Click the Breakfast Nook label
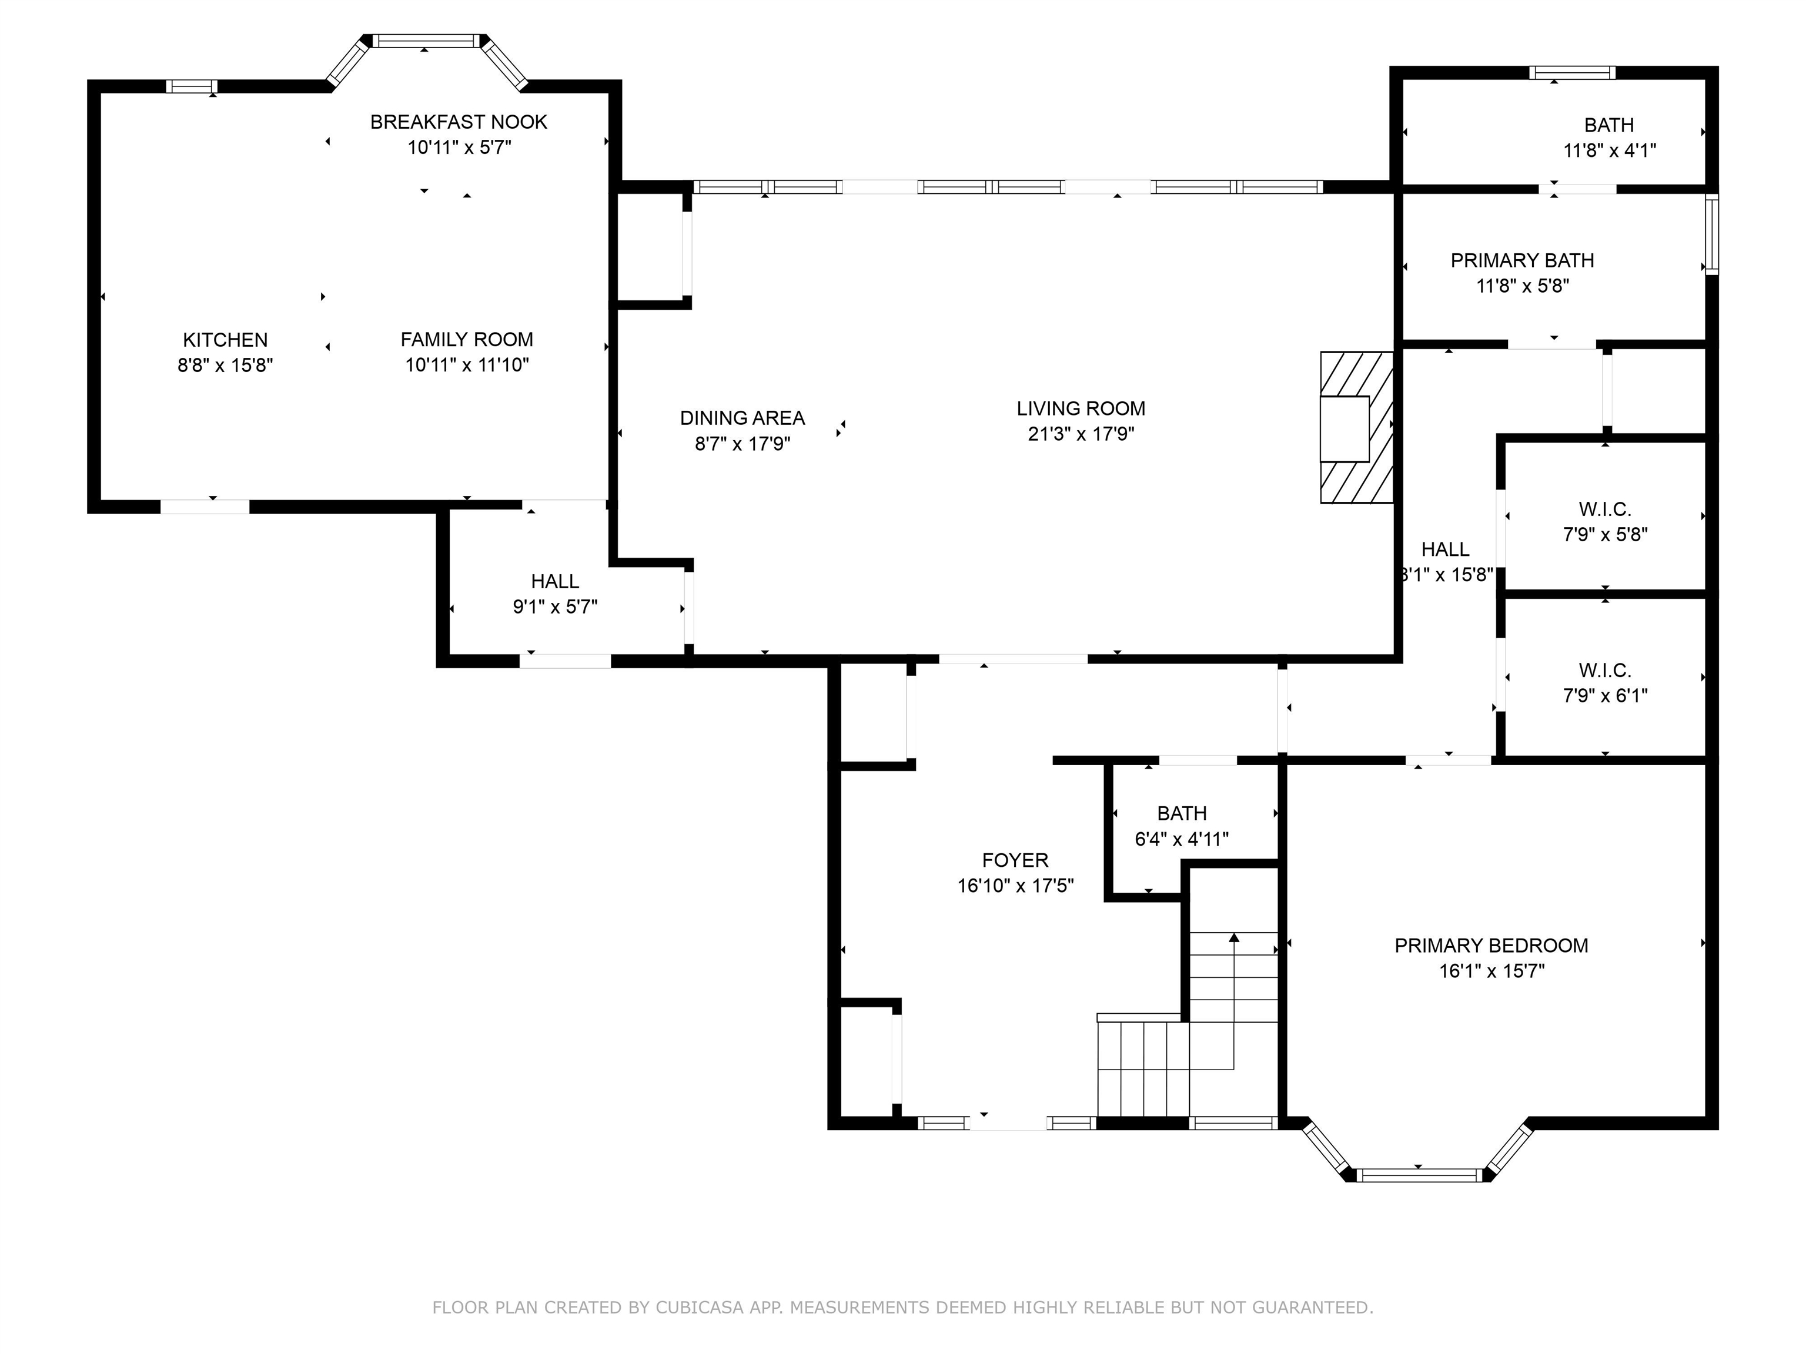pos(459,122)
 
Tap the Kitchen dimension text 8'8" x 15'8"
pos(225,365)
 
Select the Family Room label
pos(467,340)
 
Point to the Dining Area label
pos(742,418)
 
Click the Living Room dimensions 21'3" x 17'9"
pos(1081,433)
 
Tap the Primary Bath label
pos(1522,260)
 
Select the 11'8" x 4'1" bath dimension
pos(1609,150)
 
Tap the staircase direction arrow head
pos(1233,938)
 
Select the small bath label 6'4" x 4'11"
pos(1182,839)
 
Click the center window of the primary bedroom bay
pos(1419,1175)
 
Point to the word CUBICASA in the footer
pos(700,1308)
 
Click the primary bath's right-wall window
pos(1712,234)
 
